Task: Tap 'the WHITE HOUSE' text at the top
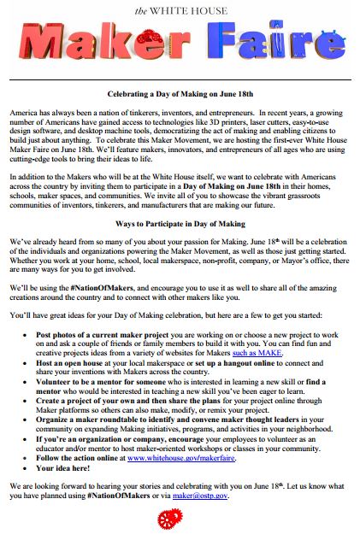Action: point(180,9)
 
